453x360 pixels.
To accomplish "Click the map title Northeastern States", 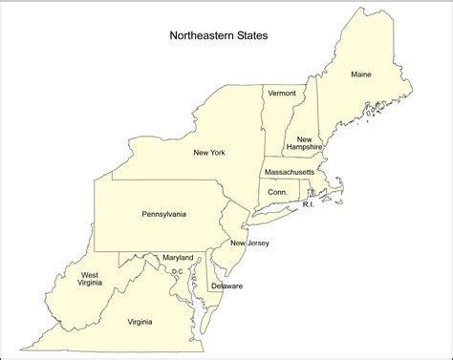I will [219, 37].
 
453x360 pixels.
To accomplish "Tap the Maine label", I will [360, 74].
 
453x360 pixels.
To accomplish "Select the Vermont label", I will [282, 94].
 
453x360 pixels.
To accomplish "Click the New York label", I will [209, 153].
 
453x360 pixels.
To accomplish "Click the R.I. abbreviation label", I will [309, 205].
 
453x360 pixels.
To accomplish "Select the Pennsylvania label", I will [164, 214].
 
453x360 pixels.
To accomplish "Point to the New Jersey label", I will [249, 244].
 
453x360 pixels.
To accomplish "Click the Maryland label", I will [177, 258].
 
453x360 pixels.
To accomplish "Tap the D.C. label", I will [178, 271].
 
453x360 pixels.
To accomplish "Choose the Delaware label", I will [227, 286].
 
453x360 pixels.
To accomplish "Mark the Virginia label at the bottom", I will [146, 322].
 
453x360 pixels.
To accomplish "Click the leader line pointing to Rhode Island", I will [314, 197].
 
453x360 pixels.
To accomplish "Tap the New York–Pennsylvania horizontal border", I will [162, 179].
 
